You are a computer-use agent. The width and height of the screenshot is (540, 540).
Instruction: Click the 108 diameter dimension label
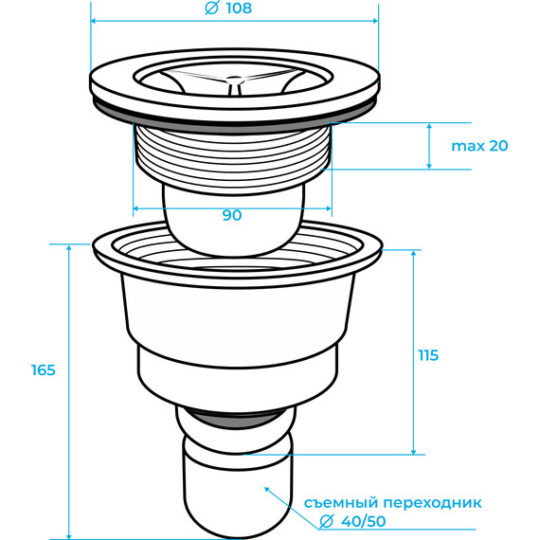[x=239, y=9]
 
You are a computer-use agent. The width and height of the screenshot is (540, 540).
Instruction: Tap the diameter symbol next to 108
[x=211, y=9]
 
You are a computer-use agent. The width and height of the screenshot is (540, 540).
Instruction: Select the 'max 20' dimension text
[x=479, y=146]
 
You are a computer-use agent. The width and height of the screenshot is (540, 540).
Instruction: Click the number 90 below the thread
[x=232, y=216]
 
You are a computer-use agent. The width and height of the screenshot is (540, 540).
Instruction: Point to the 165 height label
[x=43, y=370]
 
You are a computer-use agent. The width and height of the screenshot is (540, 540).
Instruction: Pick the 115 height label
[x=428, y=355]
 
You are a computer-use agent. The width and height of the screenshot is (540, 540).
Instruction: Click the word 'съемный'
[x=341, y=503]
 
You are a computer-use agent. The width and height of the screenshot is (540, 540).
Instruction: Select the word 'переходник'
[x=433, y=503]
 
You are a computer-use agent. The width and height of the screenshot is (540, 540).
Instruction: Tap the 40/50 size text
[x=364, y=521]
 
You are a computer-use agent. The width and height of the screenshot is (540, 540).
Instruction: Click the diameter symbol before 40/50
[x=327, y=521]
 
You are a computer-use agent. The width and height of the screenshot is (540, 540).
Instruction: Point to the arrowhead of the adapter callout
[x=266, y=489]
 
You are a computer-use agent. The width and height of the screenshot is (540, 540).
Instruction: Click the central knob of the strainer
[x=234, y=80]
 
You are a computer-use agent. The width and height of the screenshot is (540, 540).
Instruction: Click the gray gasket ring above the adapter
[x=234, y=420]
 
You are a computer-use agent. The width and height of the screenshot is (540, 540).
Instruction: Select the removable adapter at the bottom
[x=238, y=489]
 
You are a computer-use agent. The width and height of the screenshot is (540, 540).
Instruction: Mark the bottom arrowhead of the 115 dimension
[x=414, y=451]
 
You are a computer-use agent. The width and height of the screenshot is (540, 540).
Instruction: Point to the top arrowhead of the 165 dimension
[x=69, y=248]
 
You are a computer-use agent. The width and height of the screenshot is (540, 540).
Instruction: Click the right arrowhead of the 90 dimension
[x=328, y=208]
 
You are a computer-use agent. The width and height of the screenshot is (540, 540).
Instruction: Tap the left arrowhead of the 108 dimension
[x=94, y=21]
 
